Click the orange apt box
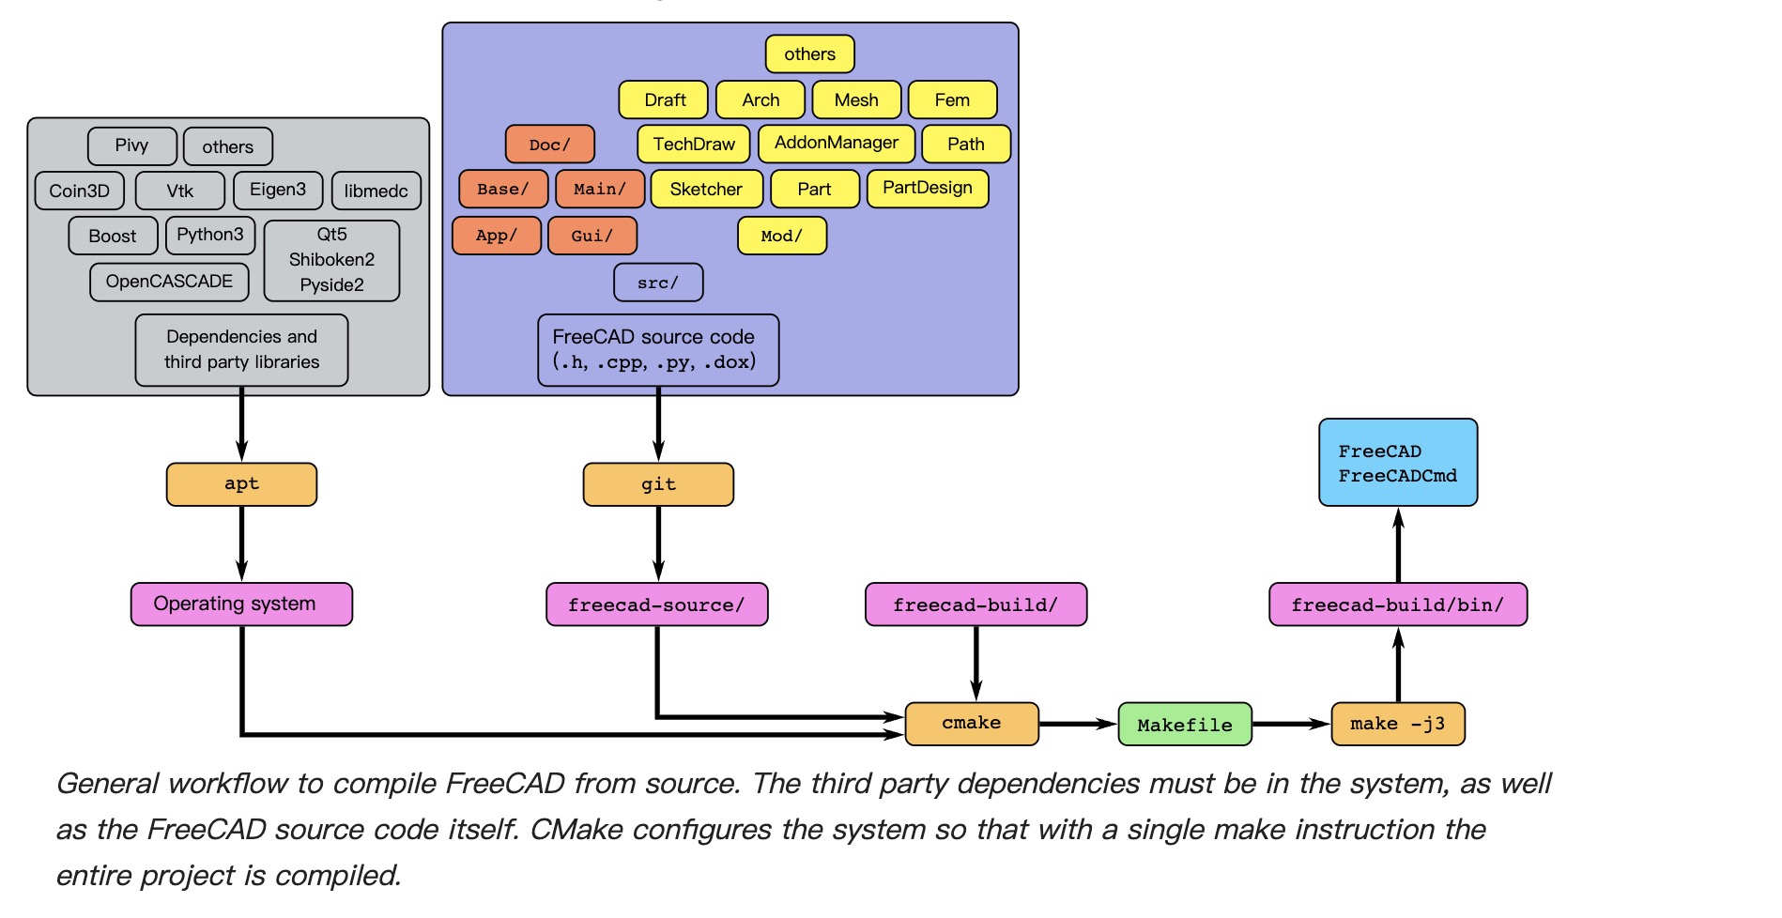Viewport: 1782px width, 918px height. coord(241,484)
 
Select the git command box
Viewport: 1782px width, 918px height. coord(658,484)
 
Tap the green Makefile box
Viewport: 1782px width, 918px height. coord(1185,725)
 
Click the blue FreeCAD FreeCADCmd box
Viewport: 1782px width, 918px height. coord(1398,463)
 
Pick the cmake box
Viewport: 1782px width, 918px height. coord(972,724)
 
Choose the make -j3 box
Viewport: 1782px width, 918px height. coord(1398,724)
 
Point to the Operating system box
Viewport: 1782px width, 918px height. coord(241,604)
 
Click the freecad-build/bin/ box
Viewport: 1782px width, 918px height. coord(1398,604)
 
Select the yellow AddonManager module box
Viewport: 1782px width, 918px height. coord(837,144)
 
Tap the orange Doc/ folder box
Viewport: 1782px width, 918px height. coord(550,145)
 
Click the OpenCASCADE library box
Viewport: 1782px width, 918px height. coord(169,282)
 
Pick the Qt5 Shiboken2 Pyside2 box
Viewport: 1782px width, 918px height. coord(331,260)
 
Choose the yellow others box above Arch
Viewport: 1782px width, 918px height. coord(809,54)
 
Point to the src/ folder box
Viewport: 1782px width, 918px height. coord(658,283)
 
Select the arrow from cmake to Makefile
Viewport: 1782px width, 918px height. coord(1078,724)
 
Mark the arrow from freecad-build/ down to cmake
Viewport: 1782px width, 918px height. coord(976,663)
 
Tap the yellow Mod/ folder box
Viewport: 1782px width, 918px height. coord(782,236)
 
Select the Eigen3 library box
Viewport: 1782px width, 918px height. coord(278,190)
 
